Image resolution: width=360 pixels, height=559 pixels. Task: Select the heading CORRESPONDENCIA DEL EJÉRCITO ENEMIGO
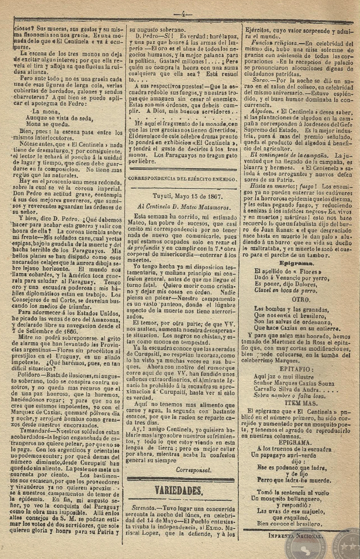coord(183,179)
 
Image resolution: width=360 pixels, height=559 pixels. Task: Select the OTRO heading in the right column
coord(300,299)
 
